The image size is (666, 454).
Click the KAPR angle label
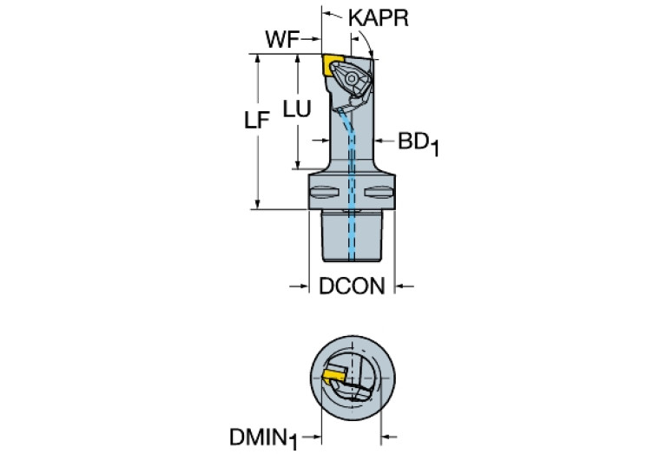pyautogui.click(x=378, y=18)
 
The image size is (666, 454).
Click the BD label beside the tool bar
pyautogui.click(x=413, y=141)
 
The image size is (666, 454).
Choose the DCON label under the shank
pyautogui.click(x=352, y=286)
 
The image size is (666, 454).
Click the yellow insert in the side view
pyautogui.click(x=333, y=63)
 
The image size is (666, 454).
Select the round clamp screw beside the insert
pyautogui.click(x=354, y=82)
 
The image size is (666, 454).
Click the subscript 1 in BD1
pyautogui.click(x=434, y=148)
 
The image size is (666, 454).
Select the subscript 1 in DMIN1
pyautogui.click(x=293, y=443)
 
